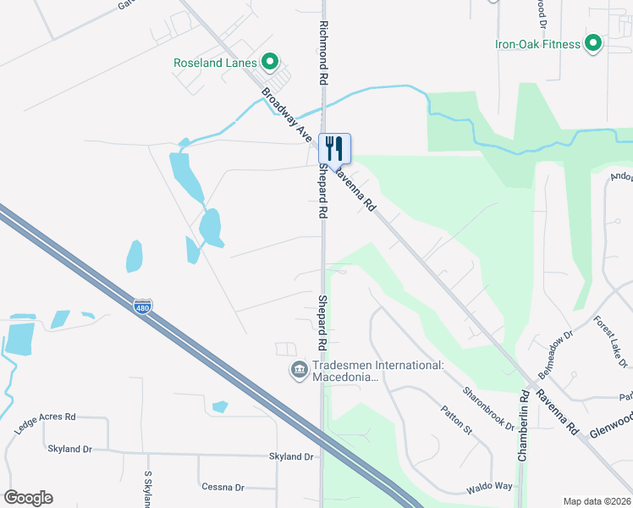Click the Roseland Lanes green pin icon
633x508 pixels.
click(270, 62)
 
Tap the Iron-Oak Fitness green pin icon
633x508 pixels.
click(593, 43)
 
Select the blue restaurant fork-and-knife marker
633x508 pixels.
click(334, 149)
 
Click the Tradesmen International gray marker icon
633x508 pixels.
click(299, 370)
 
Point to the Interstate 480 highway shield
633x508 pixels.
click(143, 305)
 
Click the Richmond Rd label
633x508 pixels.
click(322, 52)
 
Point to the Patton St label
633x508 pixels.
click(455, 421)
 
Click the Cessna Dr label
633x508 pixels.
click(223, 487)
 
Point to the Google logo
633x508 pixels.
click(28, 498)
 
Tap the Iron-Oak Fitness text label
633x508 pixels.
click(538, 44)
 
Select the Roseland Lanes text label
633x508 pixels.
click(215, 63)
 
